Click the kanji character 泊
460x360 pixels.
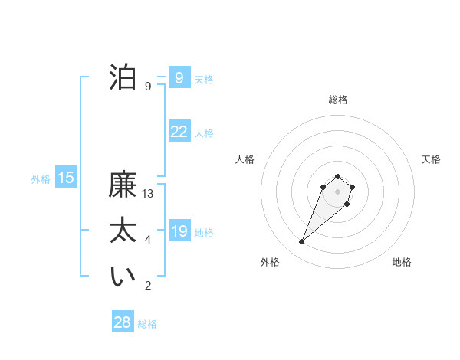pos(123,77)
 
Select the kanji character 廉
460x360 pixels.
pos(123,185)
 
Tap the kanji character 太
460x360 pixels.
pos(123,231)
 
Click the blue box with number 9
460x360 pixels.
pos(179,77)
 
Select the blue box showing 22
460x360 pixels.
pos(179,132)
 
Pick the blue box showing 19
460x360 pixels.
pos(179,231)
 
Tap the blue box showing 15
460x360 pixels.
pos(66,178)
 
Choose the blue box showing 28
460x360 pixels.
pos(122,322)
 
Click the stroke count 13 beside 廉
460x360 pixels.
pos(148,194)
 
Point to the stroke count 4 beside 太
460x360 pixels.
pos(148,240)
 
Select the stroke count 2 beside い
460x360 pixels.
pos(148,286)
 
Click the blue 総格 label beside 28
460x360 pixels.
pos(147,324)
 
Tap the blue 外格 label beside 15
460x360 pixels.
pos(41,179)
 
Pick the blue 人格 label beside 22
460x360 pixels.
pos(204,133)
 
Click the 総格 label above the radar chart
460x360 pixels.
pos(337,100)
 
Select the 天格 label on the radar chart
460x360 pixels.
pos(431,159)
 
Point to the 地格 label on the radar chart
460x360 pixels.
pos(402,262)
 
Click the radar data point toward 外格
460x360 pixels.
pos(302,242)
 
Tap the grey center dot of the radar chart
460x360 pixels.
pos(337,191)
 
